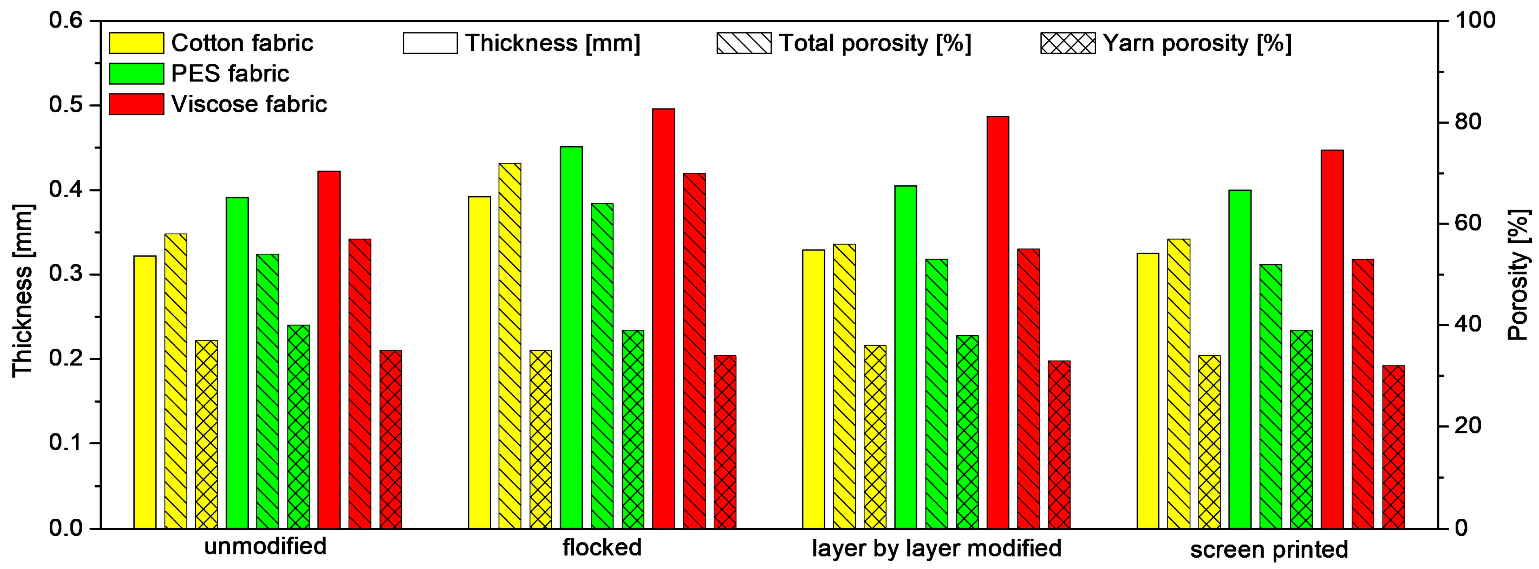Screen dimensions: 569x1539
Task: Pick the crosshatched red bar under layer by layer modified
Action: click(1059, 445)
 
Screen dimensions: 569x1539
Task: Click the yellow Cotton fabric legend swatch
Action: click(136, 43)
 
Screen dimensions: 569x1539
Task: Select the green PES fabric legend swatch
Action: click(136, 74)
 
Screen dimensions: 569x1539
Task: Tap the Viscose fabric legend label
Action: click(249, 104)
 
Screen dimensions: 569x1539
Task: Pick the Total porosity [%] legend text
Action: click(875, 43)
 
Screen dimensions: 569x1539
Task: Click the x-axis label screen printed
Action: click(1269, 549)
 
